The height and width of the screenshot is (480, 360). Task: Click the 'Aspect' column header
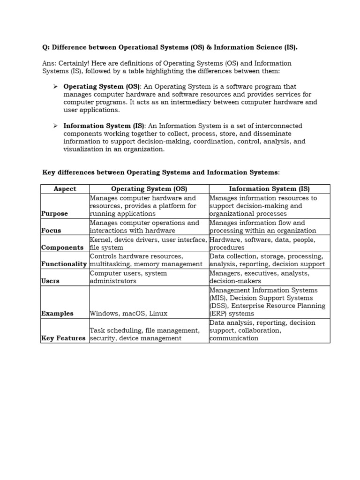point(65,189)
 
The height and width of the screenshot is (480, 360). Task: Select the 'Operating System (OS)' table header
point(149,189)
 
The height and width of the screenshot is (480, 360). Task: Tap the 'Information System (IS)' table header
point(269,189)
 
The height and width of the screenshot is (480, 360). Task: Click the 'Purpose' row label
point(54,214)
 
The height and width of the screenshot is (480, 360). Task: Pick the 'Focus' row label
point(51,231)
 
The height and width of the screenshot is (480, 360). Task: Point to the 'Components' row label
point(62,247)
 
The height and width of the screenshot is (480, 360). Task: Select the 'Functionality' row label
point(65,264)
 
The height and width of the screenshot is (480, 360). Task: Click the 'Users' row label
point(51,281)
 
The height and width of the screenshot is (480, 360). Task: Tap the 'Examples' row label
point(57,314)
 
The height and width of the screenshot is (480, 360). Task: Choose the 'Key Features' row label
point(63,338)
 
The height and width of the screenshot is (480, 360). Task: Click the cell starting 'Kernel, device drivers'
point(148,244)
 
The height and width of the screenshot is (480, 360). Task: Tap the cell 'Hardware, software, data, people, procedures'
point(262,244)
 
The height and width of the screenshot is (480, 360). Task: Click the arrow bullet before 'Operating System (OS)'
point(55,87)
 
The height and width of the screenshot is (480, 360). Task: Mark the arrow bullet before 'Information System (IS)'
point(55,126)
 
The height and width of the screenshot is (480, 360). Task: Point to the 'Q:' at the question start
point(46,47)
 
